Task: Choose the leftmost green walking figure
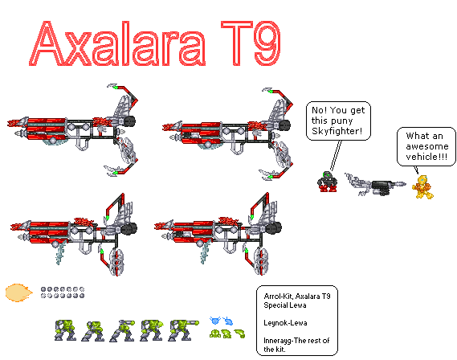63,328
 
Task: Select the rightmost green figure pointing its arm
179,328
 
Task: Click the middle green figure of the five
121,328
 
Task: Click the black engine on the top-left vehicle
130,121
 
